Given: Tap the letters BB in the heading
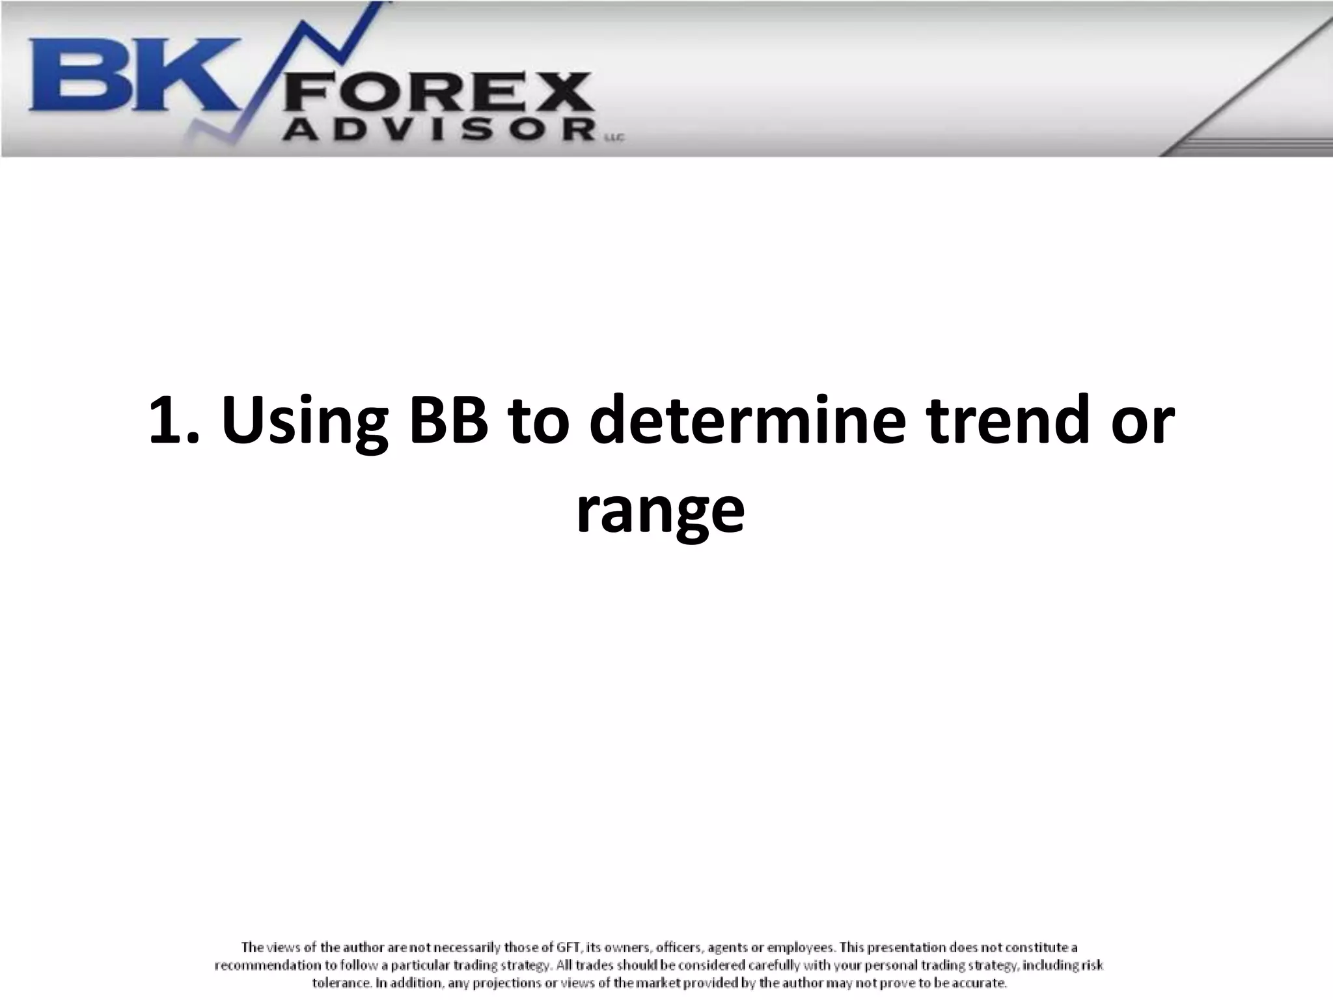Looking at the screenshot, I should click(x=449, y=420).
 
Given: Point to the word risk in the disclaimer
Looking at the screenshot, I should click(x=1093, y=965).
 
